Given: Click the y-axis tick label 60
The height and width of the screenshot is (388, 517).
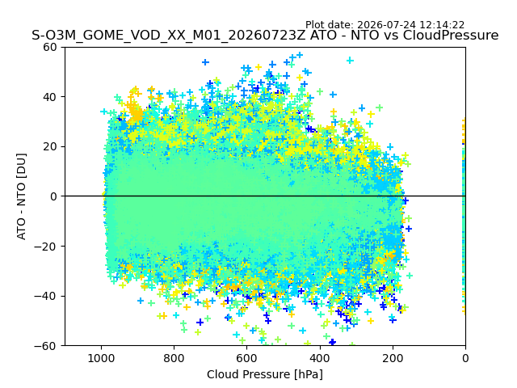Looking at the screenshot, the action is [50, 47].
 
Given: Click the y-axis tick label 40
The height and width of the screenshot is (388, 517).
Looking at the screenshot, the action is [50, 97].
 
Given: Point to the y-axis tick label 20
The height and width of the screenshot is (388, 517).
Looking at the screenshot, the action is [50, 147].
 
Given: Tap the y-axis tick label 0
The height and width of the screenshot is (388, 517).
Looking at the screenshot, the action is [53, 196].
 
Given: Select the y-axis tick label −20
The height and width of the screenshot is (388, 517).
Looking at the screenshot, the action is [45, 247].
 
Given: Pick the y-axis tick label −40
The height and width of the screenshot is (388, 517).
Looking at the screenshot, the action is [45, 297].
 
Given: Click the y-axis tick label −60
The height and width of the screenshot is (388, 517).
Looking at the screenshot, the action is [45, 346].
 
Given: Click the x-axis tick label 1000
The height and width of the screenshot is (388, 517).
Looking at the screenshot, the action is [101, 358].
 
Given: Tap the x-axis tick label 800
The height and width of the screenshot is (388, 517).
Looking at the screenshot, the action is [174, 358].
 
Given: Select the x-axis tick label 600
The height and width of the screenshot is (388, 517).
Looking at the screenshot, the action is [247, 358].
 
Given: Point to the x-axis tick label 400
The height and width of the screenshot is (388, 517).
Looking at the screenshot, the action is [320, 358].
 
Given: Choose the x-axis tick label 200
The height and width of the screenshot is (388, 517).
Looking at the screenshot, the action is [393, 358].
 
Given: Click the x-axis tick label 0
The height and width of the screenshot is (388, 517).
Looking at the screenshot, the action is [465, 358].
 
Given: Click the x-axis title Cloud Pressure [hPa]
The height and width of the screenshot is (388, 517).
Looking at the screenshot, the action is [265, 375].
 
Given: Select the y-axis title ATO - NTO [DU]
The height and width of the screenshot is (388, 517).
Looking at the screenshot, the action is [22, 196].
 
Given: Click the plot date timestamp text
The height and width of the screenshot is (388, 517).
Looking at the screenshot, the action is [385, 25].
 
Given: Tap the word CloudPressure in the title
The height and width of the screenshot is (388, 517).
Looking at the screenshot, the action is [451, 35].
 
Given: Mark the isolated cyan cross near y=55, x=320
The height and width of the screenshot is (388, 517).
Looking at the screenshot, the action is [350, 61].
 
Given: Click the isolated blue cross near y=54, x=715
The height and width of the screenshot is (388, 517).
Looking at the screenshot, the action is [206, 62].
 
